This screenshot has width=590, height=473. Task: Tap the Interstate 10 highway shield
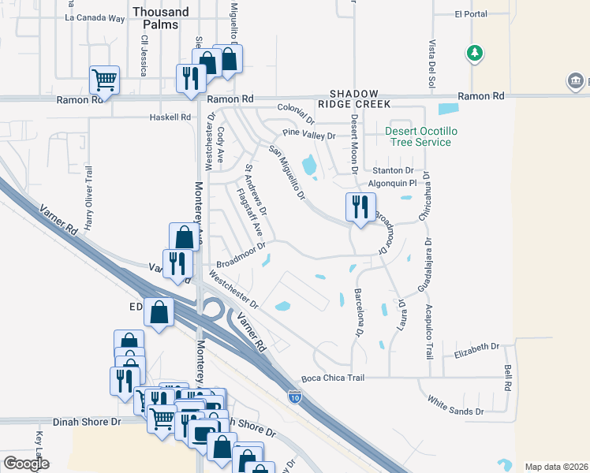click(294, 397)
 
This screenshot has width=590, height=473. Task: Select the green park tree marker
click(474, 53)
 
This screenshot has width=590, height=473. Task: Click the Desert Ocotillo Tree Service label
click(418, 136)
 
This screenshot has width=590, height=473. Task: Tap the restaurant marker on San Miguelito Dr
click(360, 208)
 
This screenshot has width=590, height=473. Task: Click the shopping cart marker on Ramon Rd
click(104, 79)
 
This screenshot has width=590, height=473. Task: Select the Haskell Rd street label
click(170, 117)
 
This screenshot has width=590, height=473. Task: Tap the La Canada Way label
click(95, 17)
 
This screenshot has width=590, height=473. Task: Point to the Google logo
click(26, 464)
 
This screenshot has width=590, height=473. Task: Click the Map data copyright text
click(555, 467)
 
